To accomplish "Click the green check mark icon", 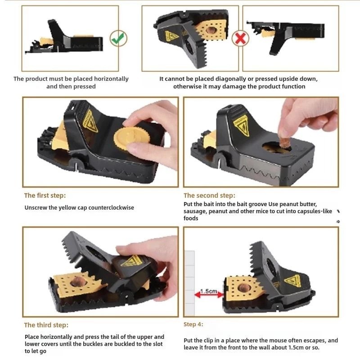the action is [x=118, y=38].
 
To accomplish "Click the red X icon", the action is [x=240, y=38].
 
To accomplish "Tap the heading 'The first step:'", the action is [x=45, y=195].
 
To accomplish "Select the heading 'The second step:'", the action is [x=209, y=195].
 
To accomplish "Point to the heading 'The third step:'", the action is [x=46, y=325].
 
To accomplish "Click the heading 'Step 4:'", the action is [x=193, y=324].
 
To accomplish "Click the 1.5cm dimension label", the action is [x=208, y=291].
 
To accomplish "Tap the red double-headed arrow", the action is [x=209, y=295].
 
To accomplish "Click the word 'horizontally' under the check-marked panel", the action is [x=111, y=79].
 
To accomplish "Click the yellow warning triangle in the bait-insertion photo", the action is [x=242, y=126].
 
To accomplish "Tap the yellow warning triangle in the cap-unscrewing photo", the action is [x=90, y=121].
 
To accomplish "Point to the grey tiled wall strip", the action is [x=189, y=283].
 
